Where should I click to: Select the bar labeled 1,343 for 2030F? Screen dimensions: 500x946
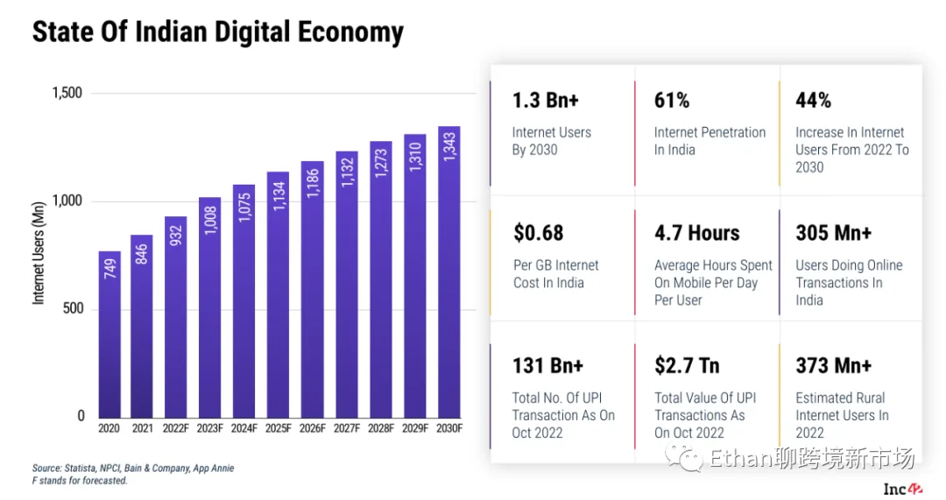coord(449,271)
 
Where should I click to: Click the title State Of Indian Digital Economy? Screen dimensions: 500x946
coord(218,32)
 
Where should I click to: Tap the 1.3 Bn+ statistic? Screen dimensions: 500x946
coord(546,101)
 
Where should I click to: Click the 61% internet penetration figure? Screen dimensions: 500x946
coord(672,101)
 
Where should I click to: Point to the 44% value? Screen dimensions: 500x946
coord(813,101)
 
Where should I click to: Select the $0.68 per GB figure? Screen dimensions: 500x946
coord(539,233)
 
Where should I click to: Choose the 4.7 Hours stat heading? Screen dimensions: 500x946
coord(697,233)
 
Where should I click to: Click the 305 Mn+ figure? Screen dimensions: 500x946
coord(834,233)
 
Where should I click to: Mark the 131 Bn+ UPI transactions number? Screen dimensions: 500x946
coord(548,365)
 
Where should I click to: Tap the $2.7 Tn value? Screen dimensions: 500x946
coord(688,365)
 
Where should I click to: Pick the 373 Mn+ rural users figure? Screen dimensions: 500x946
coord(834,365)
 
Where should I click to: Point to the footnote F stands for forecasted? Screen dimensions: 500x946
coord(80,481)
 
